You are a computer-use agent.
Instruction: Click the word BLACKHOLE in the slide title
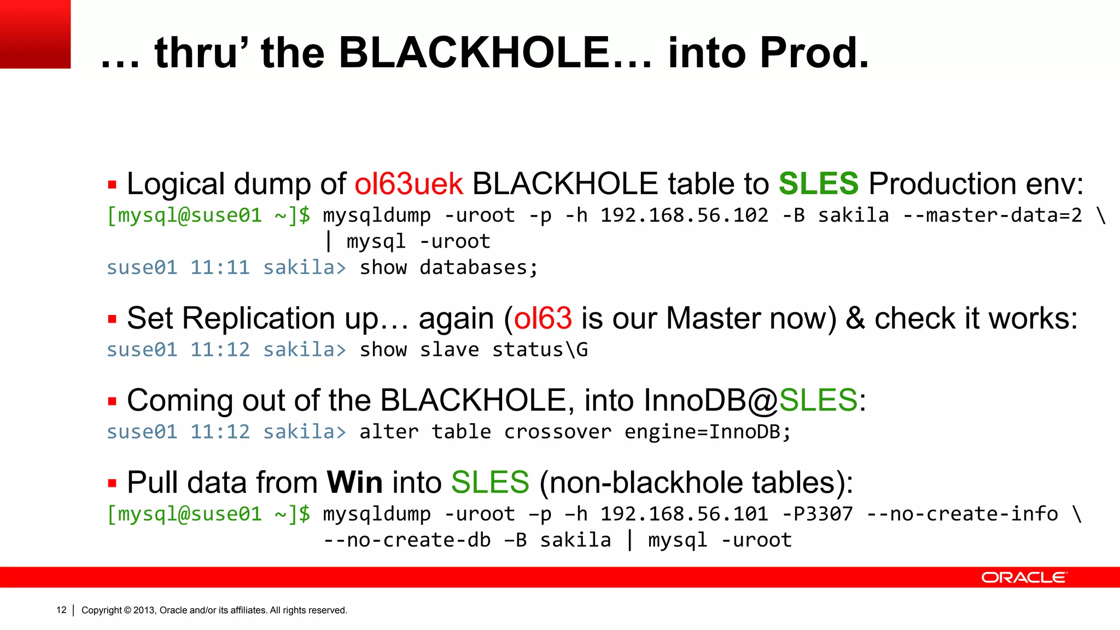(474, 53)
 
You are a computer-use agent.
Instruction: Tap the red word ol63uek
(409, 184)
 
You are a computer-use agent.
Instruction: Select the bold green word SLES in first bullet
(819, 184)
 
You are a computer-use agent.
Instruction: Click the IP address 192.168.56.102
(684, 215)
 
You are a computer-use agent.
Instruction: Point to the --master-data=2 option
(992, 215)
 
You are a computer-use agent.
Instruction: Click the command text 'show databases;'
(448, 268)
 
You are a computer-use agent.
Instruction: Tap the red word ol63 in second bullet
(542, 318)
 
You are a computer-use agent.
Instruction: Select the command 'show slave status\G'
(474, 350)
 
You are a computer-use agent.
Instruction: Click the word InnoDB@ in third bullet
(710, 400)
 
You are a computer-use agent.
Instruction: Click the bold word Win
(354, 482)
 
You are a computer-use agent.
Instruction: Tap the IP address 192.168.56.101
(684, 514)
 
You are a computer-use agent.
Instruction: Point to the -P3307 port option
(817, 514)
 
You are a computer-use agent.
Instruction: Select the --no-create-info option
(962, 514)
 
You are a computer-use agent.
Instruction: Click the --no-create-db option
(407, 540)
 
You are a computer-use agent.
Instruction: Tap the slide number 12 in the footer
(61, 610)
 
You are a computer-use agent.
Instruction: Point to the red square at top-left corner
(35, 34)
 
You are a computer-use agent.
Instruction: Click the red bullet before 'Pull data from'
(112, 483)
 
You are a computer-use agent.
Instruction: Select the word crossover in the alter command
(557, 432)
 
